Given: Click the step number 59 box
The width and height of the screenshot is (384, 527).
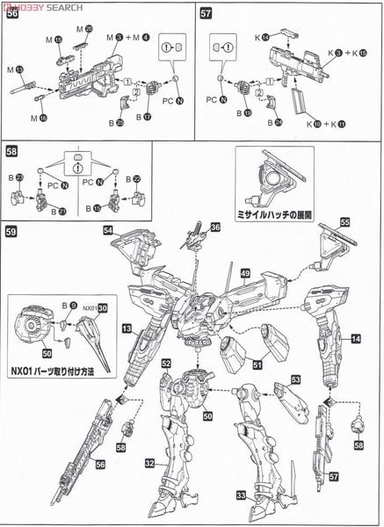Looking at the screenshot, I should (x=11, y=233).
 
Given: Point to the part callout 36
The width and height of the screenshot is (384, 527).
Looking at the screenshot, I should (x=216, y=227).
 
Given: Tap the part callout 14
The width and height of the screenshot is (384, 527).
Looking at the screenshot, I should (x=356, y=338).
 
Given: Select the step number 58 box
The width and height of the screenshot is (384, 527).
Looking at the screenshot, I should (x=11, y=150).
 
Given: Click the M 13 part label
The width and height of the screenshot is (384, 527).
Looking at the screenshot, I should (x=16, y=69).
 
